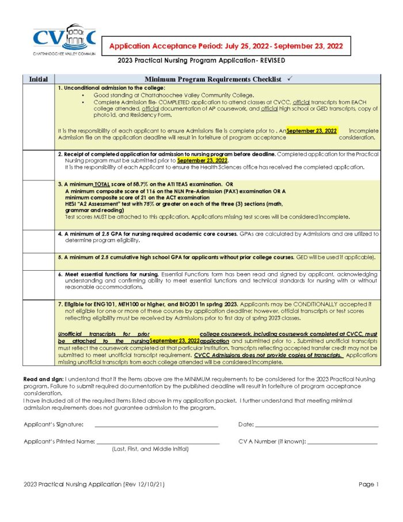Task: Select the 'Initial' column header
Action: point(39,79)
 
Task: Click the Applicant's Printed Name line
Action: point(158,441)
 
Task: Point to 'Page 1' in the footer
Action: point(368,485)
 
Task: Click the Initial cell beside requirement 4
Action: point(39,241)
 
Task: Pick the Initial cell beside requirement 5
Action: point(39,261)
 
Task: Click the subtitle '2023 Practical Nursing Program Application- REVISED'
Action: point(201,60)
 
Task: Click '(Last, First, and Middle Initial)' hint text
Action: point(150,449)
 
